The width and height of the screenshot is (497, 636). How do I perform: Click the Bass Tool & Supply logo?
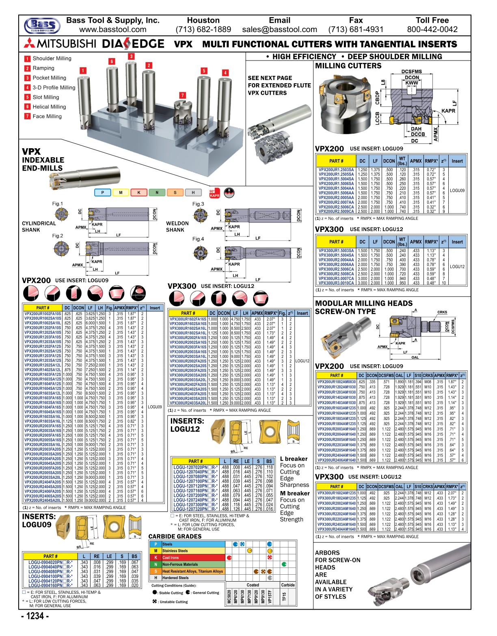point(42,25)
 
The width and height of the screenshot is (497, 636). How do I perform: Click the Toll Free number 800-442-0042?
point(432,30)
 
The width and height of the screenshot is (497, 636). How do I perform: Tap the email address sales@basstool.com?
point(279,30)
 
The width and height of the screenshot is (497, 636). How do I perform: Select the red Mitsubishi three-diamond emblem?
point(30,43)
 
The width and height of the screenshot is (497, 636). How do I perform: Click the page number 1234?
point(35,616)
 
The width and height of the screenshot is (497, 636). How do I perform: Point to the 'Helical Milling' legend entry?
point(49,107)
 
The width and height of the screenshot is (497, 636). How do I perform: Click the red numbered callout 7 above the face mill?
point(183,95)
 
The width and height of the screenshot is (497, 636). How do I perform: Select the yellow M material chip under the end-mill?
point(121,193)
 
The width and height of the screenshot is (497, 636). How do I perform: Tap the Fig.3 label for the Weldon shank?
point(198,204)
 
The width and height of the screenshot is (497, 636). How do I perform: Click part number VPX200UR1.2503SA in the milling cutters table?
point(336,170)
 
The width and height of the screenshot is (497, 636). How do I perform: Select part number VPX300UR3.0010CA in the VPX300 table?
point(336,283)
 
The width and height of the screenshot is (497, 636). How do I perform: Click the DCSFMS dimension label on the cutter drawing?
point(411,71)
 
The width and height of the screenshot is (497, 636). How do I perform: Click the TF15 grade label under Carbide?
point(284,597)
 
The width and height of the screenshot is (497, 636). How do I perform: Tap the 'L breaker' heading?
point(294,459)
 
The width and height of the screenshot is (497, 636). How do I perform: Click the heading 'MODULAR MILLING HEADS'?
point(363,303)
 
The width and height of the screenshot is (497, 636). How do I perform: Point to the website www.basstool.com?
point(112,30)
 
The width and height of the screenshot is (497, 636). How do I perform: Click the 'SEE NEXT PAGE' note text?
point(270,78)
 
